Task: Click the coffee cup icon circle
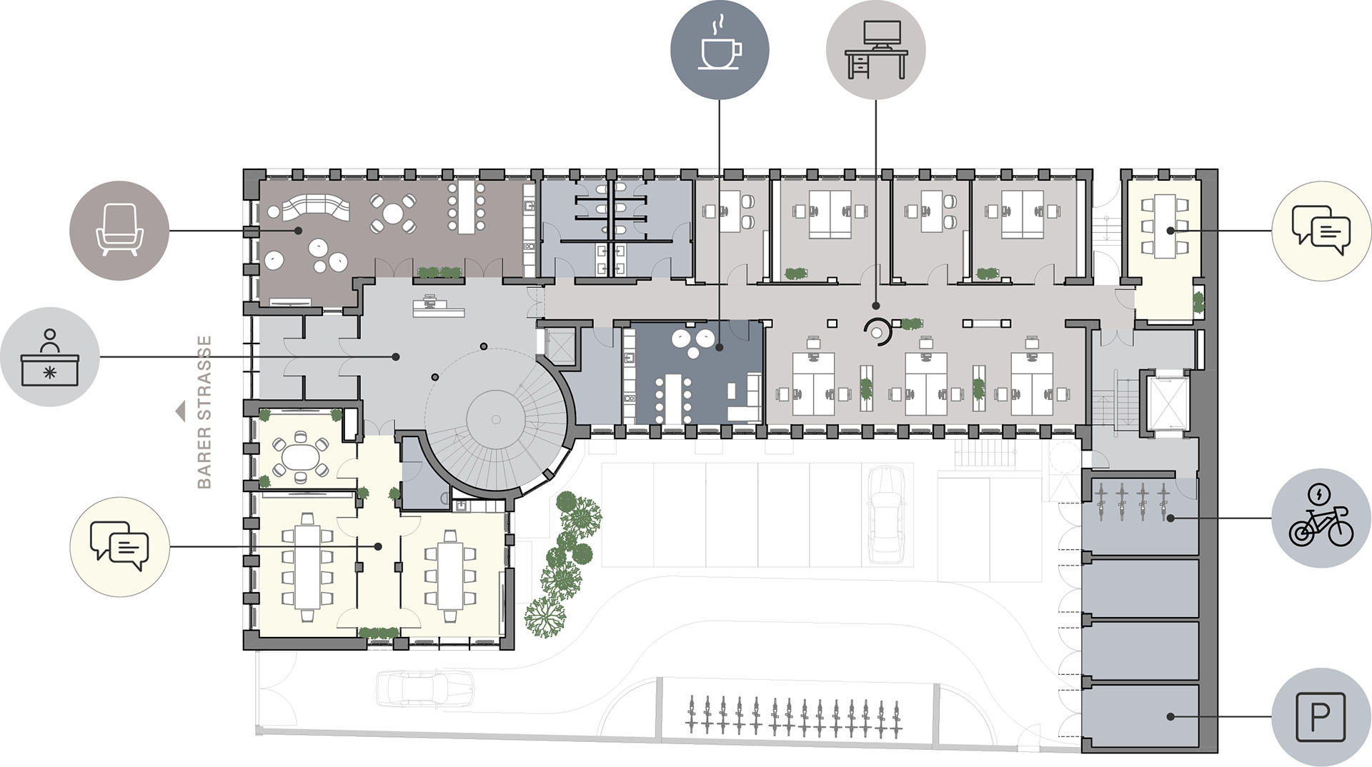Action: [720, 50]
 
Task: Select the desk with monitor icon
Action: [876, 50]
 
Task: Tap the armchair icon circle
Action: [119, 231]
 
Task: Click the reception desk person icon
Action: [50, 357]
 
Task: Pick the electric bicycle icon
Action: [1321, 518]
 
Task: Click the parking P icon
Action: [1321, 717]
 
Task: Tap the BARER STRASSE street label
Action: [204, 412]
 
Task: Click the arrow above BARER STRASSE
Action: [181, 411]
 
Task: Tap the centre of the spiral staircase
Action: [495, 420]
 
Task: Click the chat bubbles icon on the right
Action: [1321, 231]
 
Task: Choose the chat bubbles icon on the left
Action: [119, 547]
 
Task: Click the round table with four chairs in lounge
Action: [393, 213]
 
